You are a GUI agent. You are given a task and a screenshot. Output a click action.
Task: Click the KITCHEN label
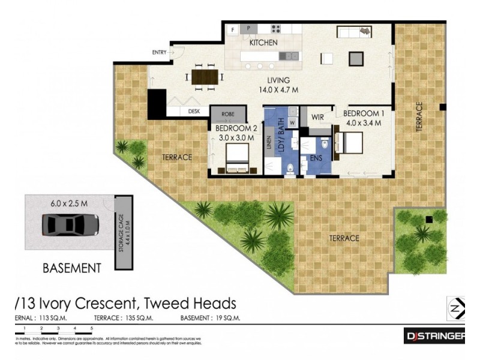263,43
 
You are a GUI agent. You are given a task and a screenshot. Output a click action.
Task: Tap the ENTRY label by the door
159,53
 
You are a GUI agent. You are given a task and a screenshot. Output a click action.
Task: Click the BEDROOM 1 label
362,113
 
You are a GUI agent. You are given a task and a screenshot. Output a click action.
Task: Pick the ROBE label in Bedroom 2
228,113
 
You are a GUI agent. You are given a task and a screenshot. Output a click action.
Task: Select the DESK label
193,111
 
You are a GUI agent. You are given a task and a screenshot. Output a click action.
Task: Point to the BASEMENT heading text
71,268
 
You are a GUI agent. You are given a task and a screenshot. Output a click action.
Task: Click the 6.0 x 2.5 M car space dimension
69,203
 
